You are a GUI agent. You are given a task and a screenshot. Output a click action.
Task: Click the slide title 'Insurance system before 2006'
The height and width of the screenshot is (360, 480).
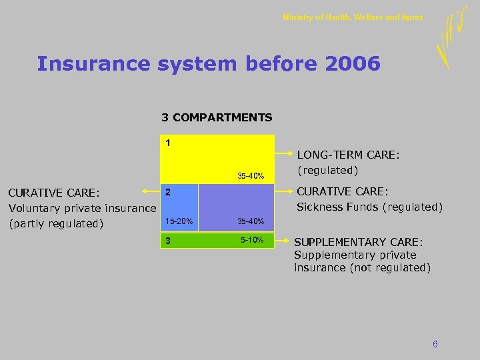coord(209,64)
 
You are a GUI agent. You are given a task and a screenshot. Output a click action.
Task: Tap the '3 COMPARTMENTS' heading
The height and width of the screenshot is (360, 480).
coord(217,117)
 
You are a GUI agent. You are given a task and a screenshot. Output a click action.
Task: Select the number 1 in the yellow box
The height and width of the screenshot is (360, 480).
coord(168,143)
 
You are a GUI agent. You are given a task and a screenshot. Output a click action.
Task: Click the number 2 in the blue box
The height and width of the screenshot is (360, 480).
coord(169,192)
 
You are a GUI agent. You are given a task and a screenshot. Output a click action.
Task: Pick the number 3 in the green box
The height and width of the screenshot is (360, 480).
coord(169,241)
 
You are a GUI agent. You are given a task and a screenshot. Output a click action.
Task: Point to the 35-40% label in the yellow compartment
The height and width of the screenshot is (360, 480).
coord(251,176)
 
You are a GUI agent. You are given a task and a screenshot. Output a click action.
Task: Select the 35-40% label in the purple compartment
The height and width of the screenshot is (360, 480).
coord(251,221)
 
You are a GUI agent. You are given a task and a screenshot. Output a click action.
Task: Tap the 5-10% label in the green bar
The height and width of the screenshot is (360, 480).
coord(253,240)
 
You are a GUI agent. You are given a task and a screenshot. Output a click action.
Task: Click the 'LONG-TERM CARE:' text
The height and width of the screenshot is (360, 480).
coord(348,155)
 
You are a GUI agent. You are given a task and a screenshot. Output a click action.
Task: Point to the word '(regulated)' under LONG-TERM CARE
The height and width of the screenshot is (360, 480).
coord(328,171)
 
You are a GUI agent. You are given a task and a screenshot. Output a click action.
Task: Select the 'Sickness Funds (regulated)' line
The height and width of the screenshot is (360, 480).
coord(369,207)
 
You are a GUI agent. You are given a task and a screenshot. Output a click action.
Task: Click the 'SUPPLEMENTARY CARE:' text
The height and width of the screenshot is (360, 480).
coord(359,242)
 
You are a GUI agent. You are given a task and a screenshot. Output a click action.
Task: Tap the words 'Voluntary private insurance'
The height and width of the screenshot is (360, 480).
coord(82,208)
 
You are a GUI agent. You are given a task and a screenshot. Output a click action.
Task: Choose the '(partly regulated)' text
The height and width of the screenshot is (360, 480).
coord(56,223)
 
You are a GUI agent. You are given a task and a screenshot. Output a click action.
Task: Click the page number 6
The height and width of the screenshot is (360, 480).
coord(435,344)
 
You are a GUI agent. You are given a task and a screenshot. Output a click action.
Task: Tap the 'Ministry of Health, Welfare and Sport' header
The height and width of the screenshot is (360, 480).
coord(352,17)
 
